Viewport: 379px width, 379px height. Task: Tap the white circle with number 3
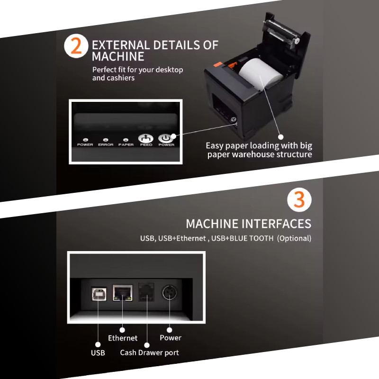click(x=299, y=200)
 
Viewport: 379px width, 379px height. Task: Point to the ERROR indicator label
click(x=105, y=144)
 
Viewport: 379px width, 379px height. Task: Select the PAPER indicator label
click(x=126, y=144)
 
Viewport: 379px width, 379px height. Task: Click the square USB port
click(x=99, y=294)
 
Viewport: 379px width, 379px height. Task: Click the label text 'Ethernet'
click(x=123, y=338)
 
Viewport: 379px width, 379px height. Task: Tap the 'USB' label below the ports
click(x=98, y=353)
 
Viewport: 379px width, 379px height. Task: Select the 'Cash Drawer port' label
click(x=149, y=352)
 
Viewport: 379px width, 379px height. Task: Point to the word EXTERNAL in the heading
click(x=121, y=45)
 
